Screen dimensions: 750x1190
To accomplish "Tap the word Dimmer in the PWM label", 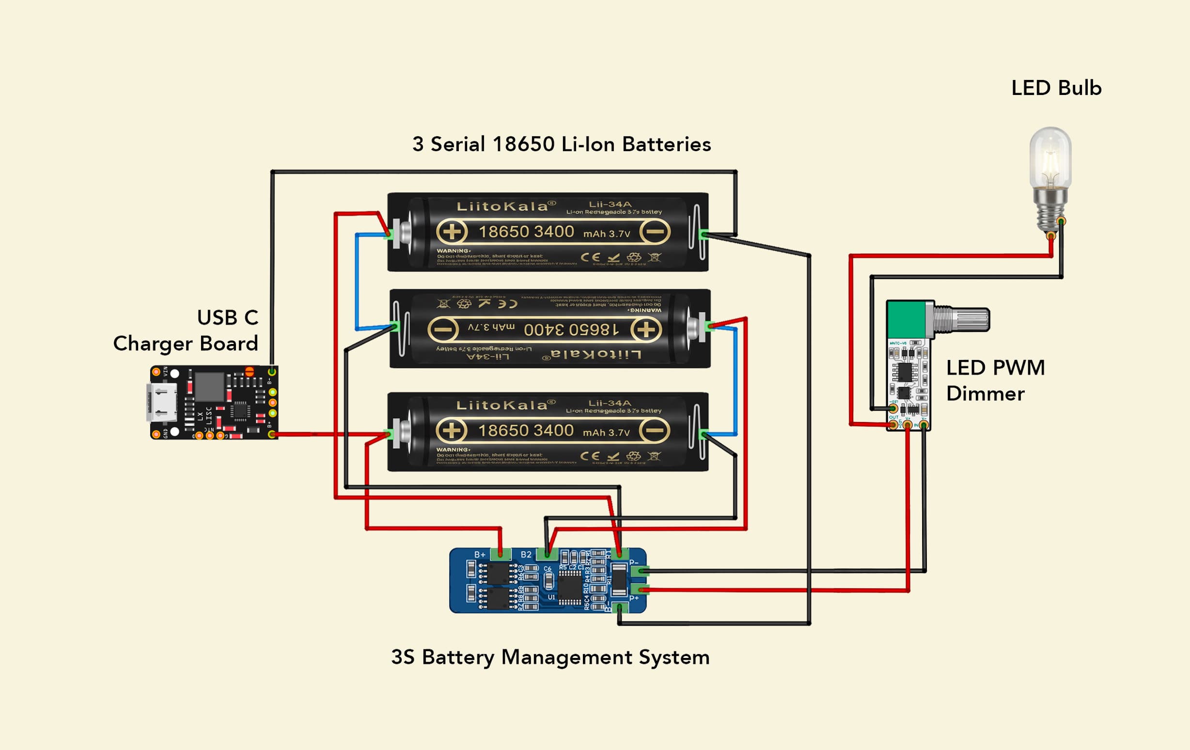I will click(x=985, y=394).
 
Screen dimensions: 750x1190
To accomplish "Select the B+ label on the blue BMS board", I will click(x=480, y=555).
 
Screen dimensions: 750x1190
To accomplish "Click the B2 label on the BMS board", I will click(x=526, y=555).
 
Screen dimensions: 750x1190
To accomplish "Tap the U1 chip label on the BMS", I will click(x=551, y=597).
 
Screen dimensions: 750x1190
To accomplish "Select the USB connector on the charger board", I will click(x=162, y=402).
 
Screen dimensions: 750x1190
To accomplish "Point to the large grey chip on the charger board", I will click(x=209, y=386).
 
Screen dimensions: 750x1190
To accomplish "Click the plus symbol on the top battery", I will click(x=451, y=232).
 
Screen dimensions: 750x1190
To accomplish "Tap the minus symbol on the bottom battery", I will click(x=655, y=430).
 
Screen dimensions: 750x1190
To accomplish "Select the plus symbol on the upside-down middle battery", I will click(x=646, y=329).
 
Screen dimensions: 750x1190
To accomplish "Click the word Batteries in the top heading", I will click(x=666, y=144).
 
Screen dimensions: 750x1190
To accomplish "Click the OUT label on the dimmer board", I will click(x=893, y=418).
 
